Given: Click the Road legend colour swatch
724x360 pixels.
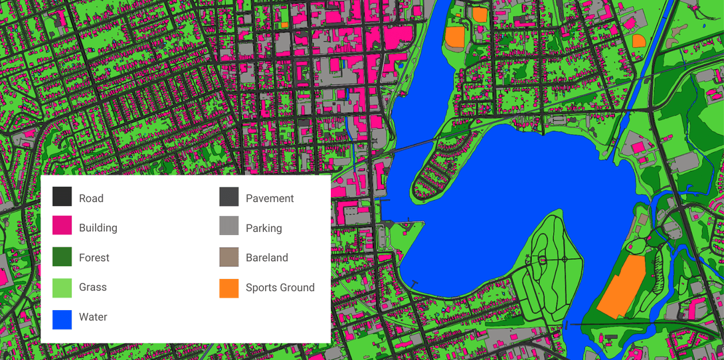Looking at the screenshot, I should (62, 197).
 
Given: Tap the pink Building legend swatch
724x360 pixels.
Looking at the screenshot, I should (62, 227).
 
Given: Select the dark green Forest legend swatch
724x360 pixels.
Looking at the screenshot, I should (62, 257).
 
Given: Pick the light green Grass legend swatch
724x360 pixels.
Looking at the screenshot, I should (62, 287).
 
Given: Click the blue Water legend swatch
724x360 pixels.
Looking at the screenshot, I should (62, 317).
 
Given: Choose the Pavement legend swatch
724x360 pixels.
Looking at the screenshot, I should (229, 197).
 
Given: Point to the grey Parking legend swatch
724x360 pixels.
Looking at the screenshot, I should (229, 227).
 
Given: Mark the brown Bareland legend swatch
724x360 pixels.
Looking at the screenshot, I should (229, 257).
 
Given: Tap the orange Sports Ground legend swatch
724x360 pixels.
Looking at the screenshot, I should (229, 287).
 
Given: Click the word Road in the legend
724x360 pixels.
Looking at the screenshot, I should (91, 199).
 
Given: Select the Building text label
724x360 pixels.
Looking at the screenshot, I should (98, 228).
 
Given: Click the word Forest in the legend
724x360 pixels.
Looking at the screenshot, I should (94, 258).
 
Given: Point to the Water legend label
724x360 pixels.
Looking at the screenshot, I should (93, 317).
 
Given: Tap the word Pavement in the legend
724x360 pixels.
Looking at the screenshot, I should (270, 199).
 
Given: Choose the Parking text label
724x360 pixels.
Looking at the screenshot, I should (264, 228).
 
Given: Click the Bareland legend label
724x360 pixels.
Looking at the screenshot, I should (266, 258).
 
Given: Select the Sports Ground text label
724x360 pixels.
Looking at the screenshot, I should (280, 288).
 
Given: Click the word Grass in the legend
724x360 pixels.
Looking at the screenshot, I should (92, 288).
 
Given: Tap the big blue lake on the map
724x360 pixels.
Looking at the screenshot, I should (531, 173).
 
